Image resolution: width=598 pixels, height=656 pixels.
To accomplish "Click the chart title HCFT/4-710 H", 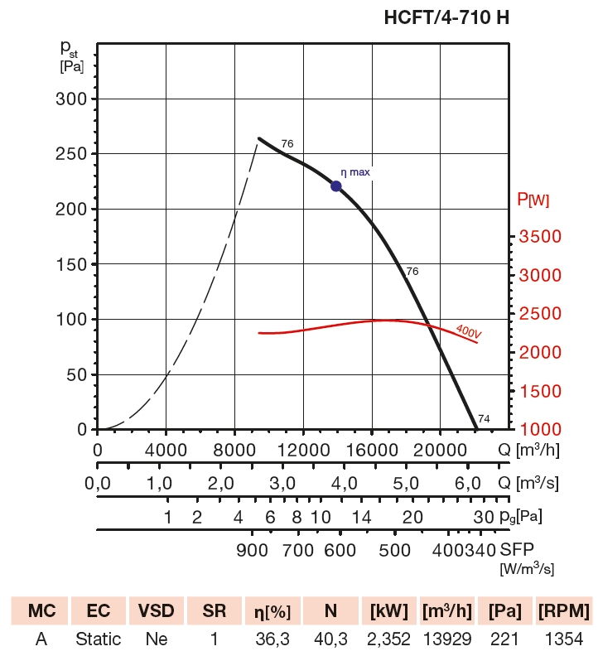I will [446, 17].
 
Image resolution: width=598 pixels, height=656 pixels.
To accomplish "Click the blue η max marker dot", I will [336, 186].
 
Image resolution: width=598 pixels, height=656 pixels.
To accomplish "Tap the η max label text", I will [355, 172].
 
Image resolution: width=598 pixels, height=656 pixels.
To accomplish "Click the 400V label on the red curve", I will [468, 331].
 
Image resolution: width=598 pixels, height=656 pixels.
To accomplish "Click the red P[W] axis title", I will [533, 199].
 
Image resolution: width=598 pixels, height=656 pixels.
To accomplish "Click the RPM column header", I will [564, 612].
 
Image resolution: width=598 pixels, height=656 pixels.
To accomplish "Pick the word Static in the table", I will [99, 639].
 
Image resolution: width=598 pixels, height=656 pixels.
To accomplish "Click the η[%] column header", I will [272, 612].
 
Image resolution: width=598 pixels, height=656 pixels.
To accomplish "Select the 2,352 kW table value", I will [388, 639].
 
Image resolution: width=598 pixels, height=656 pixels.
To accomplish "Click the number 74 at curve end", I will [484, 419].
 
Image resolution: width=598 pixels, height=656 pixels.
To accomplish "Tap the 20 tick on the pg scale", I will [412, 518].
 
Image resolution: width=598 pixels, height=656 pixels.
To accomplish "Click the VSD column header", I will [157, 612].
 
